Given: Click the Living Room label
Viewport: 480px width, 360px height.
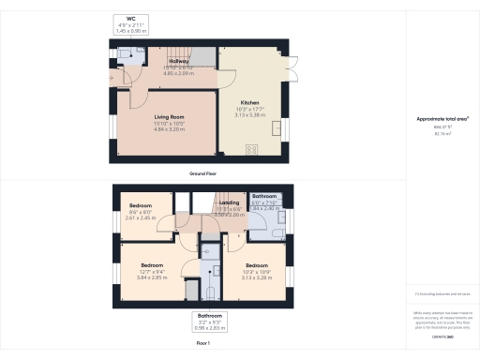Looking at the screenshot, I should pyautogui.click(x=169, y=116).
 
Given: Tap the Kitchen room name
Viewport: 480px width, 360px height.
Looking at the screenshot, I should pyautogui.click(x=248, y=102).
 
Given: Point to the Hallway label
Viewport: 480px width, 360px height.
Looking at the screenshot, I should pyautogui.click(x=178, y=62).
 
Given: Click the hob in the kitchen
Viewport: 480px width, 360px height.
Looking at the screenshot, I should pyautogui.click(x=251, y=148).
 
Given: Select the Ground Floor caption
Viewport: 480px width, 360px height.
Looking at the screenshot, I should pyautogui.click(x=203, y=174).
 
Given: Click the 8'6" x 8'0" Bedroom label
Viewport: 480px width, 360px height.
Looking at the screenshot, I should pyautogui.click(x=141, y=204).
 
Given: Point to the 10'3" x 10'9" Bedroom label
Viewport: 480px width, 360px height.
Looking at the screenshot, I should pyautogui.click(x=257, y=252).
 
